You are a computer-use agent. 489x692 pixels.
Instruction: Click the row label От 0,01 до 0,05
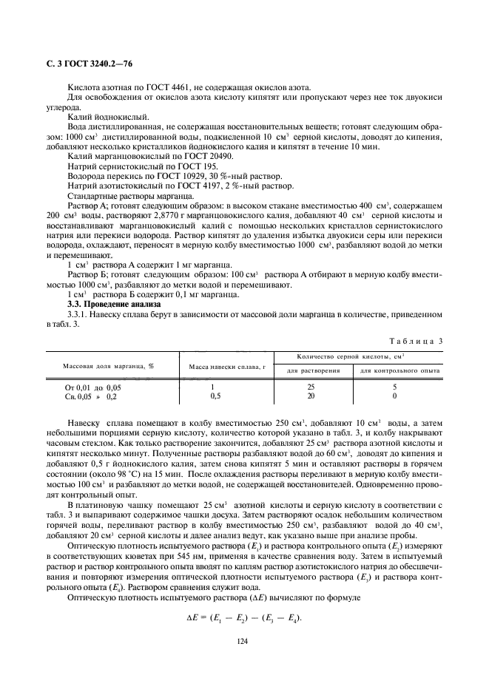(92, 387)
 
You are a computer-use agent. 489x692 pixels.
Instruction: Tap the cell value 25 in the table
(311, 387)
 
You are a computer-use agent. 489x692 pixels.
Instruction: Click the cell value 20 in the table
(311, 396)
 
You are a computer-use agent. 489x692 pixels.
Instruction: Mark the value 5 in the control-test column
(394, 387)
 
